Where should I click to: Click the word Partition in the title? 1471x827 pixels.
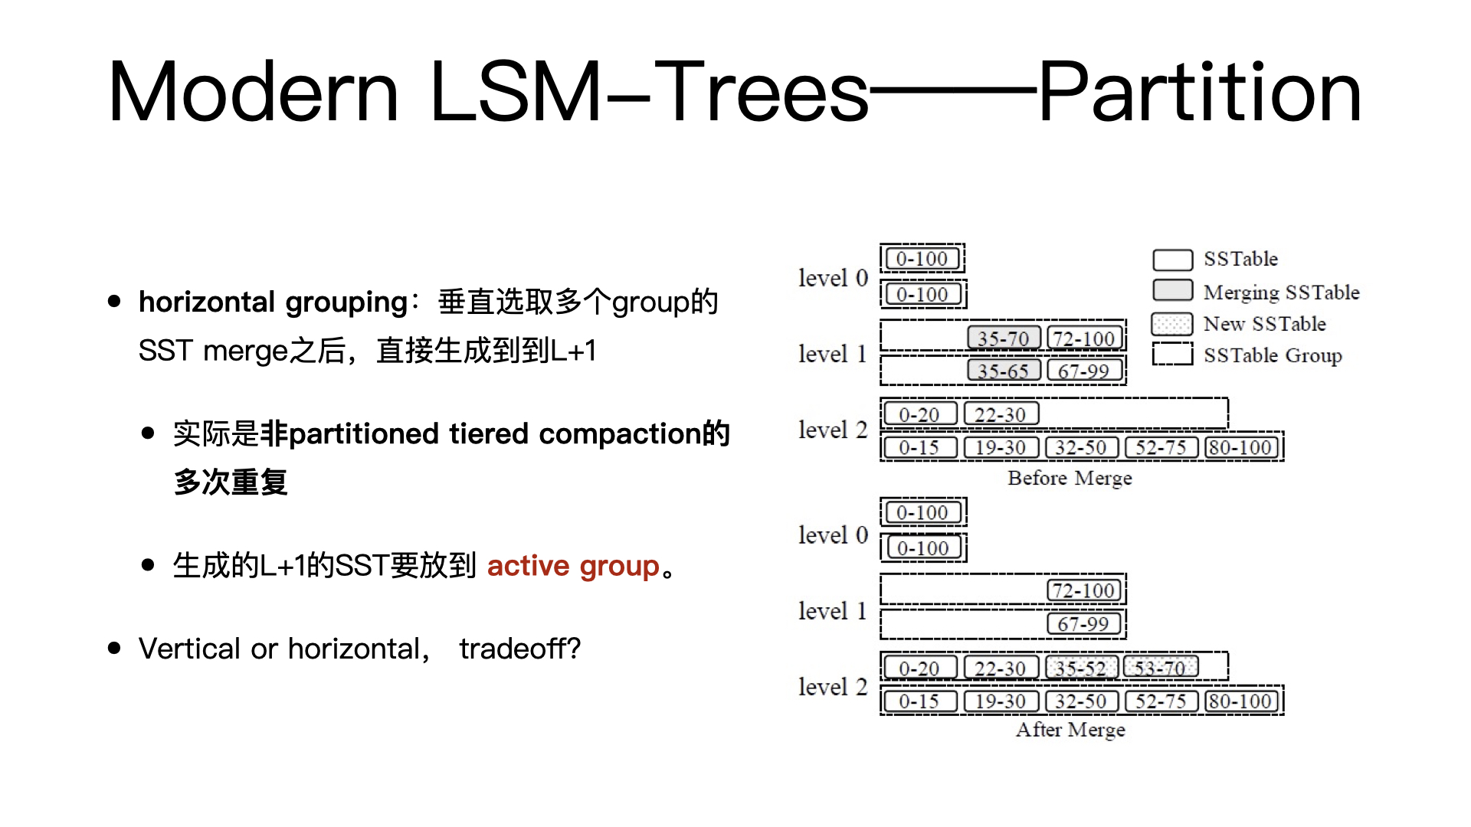(x=1199, y=93)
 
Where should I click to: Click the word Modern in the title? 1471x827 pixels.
(x=253, y=93)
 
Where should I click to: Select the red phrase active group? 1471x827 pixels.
(x=573, y=566)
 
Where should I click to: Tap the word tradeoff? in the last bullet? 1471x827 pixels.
(x=519, y=649)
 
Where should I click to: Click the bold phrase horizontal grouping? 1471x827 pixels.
(x=273, y=302)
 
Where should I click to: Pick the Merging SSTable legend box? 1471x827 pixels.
(x=1172, y=290)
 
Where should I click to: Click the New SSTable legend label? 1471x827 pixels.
(x=1264, y=324)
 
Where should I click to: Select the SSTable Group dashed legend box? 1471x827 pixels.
(x=1172, y=354)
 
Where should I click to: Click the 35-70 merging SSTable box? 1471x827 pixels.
(x=1003, y=338)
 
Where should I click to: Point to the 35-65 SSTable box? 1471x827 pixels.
(x=1003, y=371)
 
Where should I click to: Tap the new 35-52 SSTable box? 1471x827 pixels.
(x=1081, y=668)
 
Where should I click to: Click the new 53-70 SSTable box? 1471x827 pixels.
(x=1160, y=668)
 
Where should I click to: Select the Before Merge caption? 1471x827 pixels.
(x=1070, y=478)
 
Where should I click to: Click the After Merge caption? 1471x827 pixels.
(x=1070, y=729)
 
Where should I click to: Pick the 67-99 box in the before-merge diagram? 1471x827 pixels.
(x=1083, y=371)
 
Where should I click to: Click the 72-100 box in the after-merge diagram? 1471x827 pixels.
(x=1083, y=590)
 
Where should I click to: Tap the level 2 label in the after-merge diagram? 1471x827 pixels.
(x=832, y=687)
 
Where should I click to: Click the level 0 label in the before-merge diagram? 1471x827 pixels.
(x=832, y=277)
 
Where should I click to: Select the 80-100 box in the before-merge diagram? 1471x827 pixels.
(x=1241, y=447)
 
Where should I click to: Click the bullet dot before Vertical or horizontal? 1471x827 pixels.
(x=115, y=649)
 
